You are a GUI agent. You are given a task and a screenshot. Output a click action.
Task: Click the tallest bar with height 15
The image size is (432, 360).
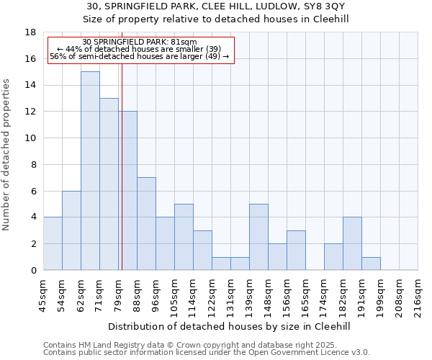click(x=90, y=171)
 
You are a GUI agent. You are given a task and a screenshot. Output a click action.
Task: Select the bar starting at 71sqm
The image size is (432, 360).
click(x=109, y=184)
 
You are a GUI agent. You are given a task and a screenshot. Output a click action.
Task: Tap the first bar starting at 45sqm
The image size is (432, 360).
click(x=53, y=243)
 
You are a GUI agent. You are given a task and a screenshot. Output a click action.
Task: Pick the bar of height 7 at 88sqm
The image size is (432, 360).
click(x=146, y=223)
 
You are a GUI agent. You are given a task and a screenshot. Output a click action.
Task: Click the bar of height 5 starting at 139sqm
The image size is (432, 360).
click(x=258, y=237)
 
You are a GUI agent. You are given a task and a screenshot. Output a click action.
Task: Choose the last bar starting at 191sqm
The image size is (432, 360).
click(x=371, y=264)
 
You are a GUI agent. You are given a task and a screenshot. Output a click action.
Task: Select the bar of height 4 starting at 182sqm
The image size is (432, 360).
click(x=352, y=243)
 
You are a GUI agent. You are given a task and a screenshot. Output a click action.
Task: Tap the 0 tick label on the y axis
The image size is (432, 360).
click(x=33, y=270)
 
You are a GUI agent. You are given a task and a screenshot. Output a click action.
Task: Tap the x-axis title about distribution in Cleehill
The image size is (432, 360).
click(x=230, y=326)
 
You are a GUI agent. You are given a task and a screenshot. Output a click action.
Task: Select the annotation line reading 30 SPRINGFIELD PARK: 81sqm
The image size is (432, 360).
click(x=140, y=42)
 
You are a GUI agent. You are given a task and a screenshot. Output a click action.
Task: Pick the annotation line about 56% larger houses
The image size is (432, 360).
click(x=140, y=56)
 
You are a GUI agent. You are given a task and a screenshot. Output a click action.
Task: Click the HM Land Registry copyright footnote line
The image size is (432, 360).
click(x=190, y=345)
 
